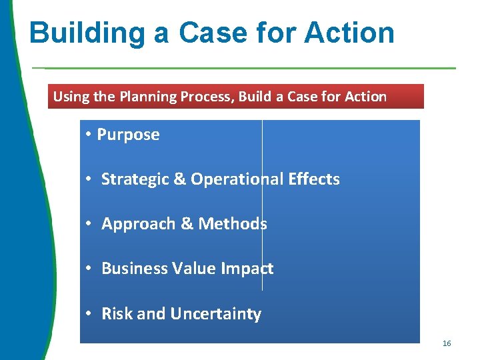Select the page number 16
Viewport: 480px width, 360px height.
447,343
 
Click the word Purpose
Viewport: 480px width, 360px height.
129,135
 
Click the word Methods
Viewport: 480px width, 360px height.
233,224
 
